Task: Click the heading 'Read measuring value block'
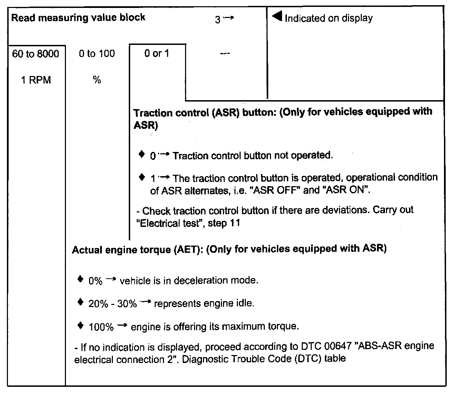pos(78,18)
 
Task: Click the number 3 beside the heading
pos(217,20)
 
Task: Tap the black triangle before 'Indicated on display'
pos(277,17)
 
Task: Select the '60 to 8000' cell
pos(36,54)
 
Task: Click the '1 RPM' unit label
pos(36,80)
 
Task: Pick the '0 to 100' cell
pos(97,54)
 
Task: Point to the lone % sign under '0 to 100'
pos(97,80)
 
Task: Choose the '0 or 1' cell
pos(157,54)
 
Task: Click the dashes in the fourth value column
pos(225,54)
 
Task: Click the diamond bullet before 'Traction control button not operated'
pos(142,154)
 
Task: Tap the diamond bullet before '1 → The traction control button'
pos(142,177)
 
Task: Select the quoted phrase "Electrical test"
pos(169,223)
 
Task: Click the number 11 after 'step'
pos(235,223)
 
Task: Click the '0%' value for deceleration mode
pos(95,281)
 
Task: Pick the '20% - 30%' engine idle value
pos(113,304)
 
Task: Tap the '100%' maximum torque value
pos(101,327)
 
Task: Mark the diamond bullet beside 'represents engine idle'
pos(80,303)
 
